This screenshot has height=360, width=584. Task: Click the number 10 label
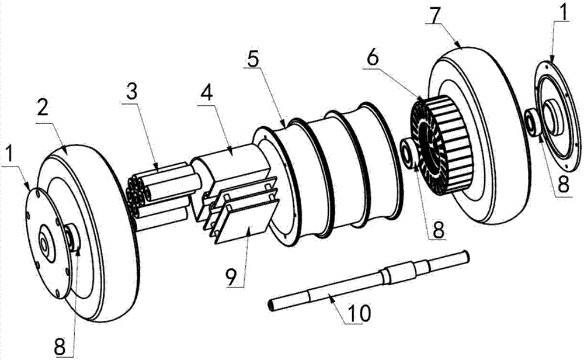(359, 314)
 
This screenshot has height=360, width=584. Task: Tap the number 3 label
(132, 91)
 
